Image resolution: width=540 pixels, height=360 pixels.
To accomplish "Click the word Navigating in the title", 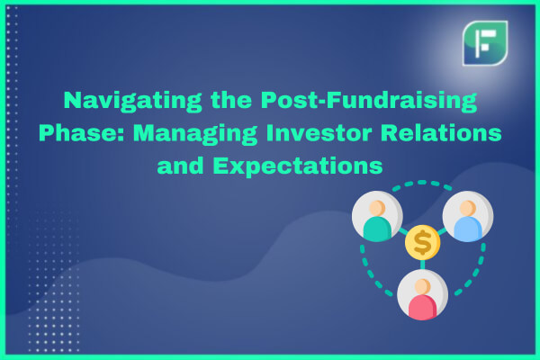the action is pos(132,102).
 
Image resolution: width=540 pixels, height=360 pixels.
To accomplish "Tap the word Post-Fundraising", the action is pos(369,102).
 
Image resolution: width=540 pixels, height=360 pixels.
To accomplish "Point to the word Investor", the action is pos(319,133).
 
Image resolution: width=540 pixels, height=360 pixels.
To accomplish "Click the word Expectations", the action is pos(298,166).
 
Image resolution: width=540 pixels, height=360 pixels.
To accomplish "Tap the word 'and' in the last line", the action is pos(181,166).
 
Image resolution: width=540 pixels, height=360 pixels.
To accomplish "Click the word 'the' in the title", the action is pos(231,100).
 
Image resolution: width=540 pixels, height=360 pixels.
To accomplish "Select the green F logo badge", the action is pos(485,43).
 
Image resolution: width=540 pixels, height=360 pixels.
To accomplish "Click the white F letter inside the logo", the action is pos(485,43).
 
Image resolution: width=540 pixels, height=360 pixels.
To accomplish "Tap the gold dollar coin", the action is pos(423,242).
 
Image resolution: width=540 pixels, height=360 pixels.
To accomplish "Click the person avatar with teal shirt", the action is pos(377,216).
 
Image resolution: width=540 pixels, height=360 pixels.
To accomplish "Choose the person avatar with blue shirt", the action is pos(468,216).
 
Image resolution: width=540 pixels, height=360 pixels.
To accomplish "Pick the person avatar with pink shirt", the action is pos(423,295).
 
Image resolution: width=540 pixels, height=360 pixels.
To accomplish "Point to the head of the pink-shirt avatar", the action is pos(423,286).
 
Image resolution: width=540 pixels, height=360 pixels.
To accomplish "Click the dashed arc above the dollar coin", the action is pos(422,184).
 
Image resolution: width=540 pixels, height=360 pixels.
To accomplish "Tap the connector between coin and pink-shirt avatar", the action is pos(423,265).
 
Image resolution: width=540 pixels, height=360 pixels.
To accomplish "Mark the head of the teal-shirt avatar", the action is pos(377,208).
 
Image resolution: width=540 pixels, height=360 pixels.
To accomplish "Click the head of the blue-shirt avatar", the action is pos(468,208).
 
